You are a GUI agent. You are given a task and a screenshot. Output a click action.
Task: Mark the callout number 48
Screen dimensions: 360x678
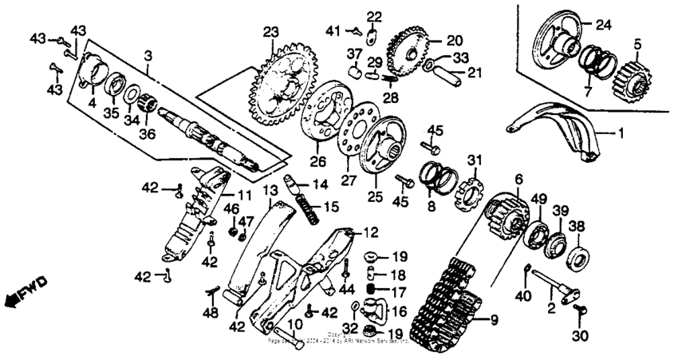(x=210, y=314)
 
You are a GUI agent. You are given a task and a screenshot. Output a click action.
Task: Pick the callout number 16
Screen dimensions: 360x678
(x=398, y=311)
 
